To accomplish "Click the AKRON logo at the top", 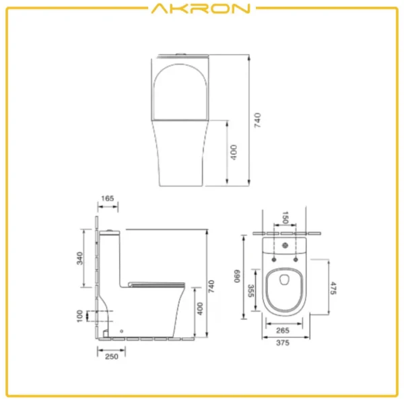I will (x=201, y=9).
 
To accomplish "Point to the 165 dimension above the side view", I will (x=106, y=199).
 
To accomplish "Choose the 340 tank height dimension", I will (x=79, y=257).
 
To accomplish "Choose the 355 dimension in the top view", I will (x=250, y=290).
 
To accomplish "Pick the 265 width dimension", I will (x=283, y=330).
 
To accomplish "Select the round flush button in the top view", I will (x=284, y=245).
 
